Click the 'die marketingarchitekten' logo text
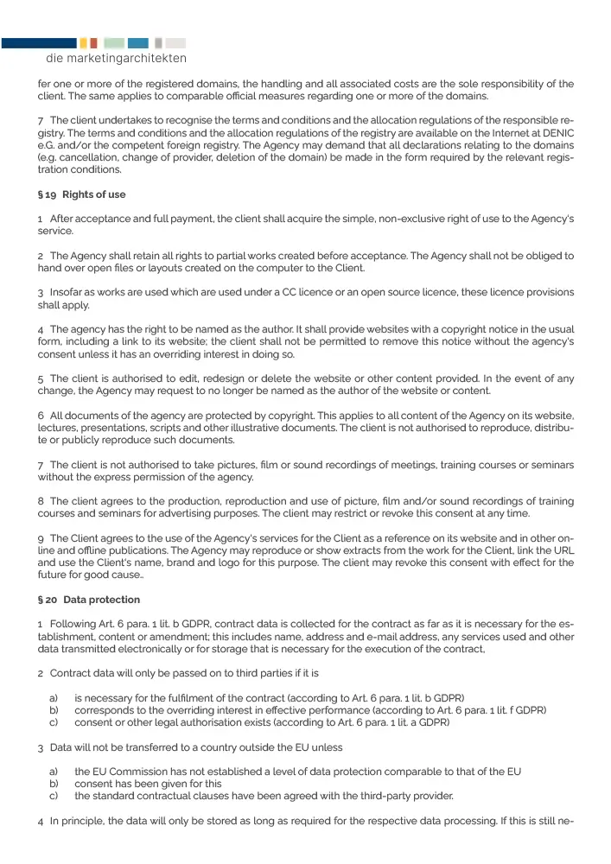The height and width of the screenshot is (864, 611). point(116,59)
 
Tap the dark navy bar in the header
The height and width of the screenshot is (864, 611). point(38,42)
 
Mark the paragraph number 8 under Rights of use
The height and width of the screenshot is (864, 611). point(41,501)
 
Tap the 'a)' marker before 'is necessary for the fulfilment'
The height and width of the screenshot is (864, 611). point(54,697)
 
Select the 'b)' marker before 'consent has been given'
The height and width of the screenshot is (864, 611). point(54,783)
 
